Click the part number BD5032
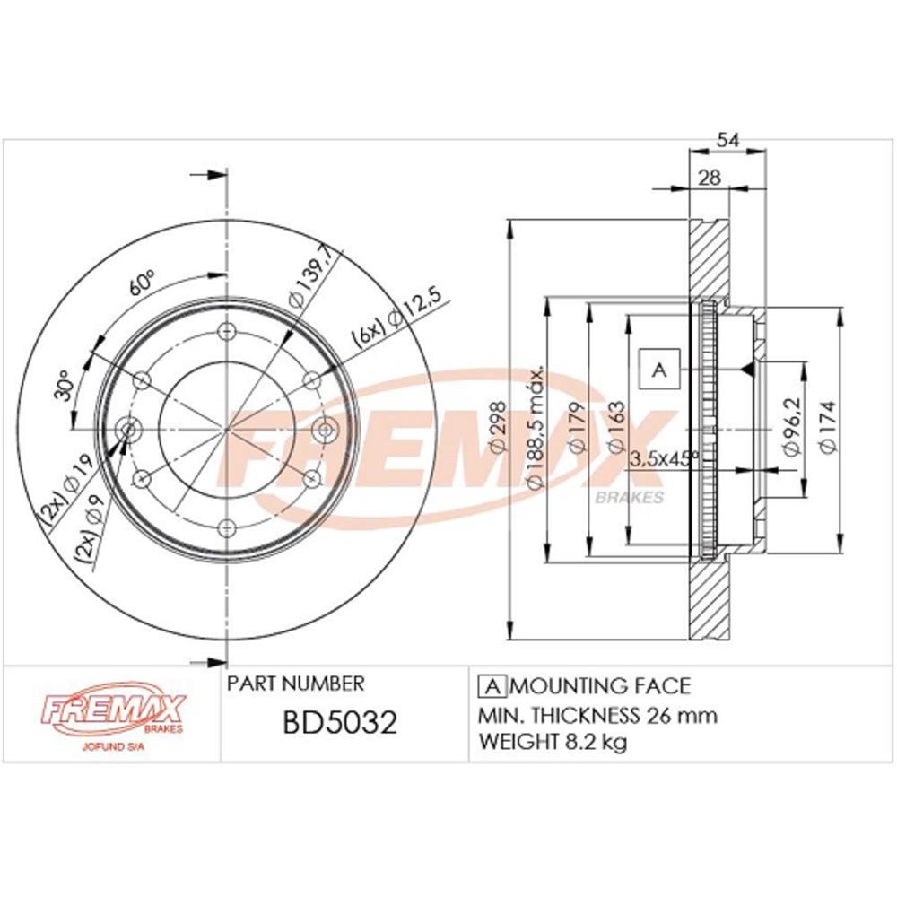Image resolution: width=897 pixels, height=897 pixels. click(340, 722)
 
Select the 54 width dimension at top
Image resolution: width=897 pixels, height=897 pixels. click(728, 140)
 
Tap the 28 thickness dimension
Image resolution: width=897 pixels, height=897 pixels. click(710, 178)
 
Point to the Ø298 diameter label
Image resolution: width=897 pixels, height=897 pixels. click(498, 427)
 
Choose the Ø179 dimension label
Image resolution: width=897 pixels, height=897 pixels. click(577, 427)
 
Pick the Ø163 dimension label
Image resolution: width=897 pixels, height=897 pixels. click(615, 427)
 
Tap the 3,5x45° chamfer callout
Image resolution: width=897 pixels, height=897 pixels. click(664, 457)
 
